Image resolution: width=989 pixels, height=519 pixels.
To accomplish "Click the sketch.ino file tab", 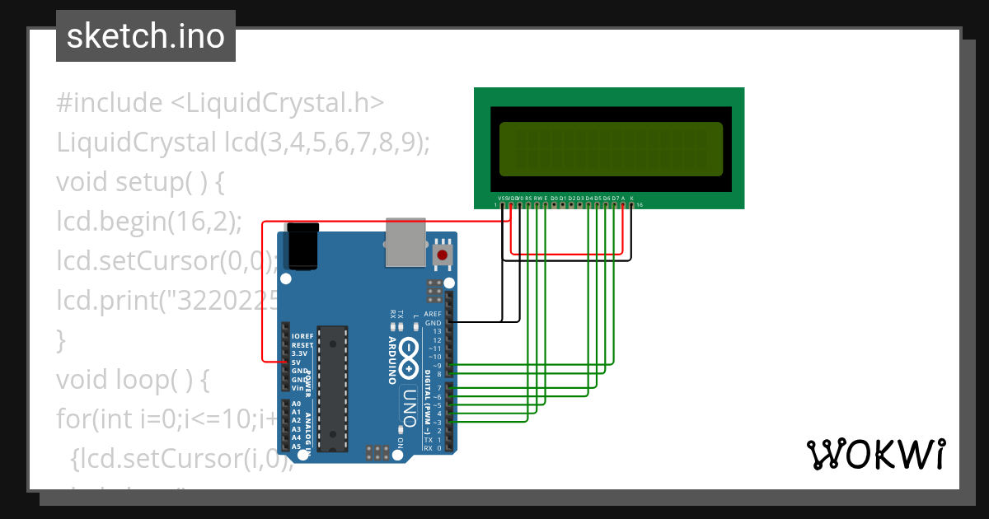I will click(x=145, y=36).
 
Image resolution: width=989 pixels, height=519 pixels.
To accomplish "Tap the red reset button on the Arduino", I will click(x=443, y=255).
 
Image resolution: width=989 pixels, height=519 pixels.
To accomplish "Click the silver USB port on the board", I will click(x=405, y=242).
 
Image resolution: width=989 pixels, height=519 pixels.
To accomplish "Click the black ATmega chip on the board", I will click(x=333, y=387).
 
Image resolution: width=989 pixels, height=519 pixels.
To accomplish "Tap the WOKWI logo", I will click(x=875, y=454).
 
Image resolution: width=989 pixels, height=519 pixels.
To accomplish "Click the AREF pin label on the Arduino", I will click(x=433, y=314).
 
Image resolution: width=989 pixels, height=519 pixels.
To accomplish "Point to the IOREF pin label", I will click(x=302, y=336).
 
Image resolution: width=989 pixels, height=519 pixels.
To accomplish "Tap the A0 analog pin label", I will click(x=296, y=404).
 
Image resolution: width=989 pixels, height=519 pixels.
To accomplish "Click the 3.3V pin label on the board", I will click(x=298, y=353).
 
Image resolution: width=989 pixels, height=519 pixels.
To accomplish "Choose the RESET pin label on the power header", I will click(x=302, y=345).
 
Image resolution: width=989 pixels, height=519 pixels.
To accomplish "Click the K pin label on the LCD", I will click(x=631, y=199).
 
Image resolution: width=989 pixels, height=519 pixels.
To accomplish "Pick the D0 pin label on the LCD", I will click(x=554, y=199).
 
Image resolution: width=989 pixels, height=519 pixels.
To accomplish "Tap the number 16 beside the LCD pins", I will click(x=640, y=204).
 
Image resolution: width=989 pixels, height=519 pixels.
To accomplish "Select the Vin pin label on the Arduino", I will click(x=297, y=387).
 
